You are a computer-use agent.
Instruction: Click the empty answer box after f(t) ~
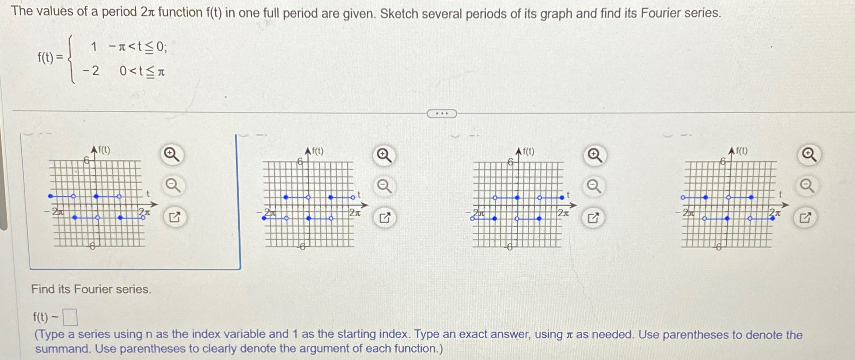click(x=70, y=317)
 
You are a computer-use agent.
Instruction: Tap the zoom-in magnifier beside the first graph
click(x=171, y=155)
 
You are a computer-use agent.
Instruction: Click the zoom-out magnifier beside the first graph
click(x=173, y=186)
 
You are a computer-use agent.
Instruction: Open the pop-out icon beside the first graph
click(x=174, y=217)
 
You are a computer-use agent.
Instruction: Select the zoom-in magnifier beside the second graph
click(x=384, y=155)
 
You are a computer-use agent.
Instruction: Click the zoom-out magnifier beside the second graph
click(x=384, y=187)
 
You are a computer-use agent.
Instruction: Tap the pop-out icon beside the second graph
click(x=385, y=218)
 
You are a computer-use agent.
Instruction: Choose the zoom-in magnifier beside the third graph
click(x=594, y=155)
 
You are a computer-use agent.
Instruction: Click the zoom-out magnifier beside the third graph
click(x=594, y=187)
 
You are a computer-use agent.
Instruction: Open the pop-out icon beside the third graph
click(x=593, y=218)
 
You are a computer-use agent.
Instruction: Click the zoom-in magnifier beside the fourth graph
click(x=808, y=155)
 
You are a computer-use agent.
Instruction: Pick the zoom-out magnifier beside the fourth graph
click(x=807, y=186)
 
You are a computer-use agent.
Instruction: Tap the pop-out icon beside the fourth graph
click(x=805, y=217)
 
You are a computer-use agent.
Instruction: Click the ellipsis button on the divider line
click(x=442, y=114)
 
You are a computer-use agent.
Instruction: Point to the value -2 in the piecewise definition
click(x=91, y=71)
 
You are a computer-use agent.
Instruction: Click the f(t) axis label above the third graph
click(x=528, y=152)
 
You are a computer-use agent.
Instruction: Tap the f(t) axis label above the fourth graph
click(x=741, y=151)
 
